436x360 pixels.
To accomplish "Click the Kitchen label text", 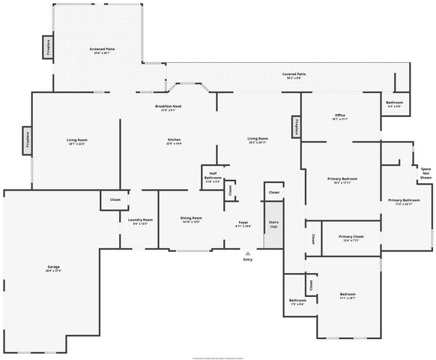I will pos(174,140).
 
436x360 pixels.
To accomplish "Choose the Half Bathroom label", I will pos(213,176).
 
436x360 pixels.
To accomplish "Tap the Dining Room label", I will pos(191,220).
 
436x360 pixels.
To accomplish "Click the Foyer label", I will pos(243,223).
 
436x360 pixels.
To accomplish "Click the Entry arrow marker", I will pos(247,254).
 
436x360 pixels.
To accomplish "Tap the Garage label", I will pos(53,268).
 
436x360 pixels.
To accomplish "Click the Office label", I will pos(339,116).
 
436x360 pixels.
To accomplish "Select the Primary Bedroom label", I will pos(342,179).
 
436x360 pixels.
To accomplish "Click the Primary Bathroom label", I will pos(404,201).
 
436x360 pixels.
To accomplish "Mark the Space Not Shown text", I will pos(426,174).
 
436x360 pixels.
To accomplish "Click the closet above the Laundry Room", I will pos(115,200).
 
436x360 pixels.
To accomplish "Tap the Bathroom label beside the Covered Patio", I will pos(394,103).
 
